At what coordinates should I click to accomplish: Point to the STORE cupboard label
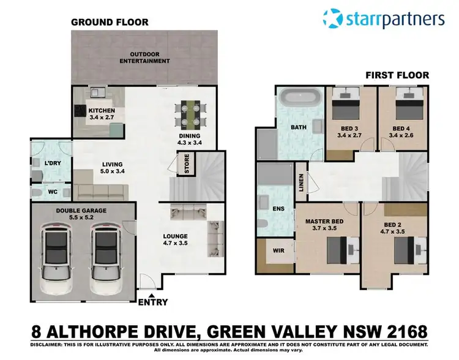182,163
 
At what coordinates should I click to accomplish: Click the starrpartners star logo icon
333,18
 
